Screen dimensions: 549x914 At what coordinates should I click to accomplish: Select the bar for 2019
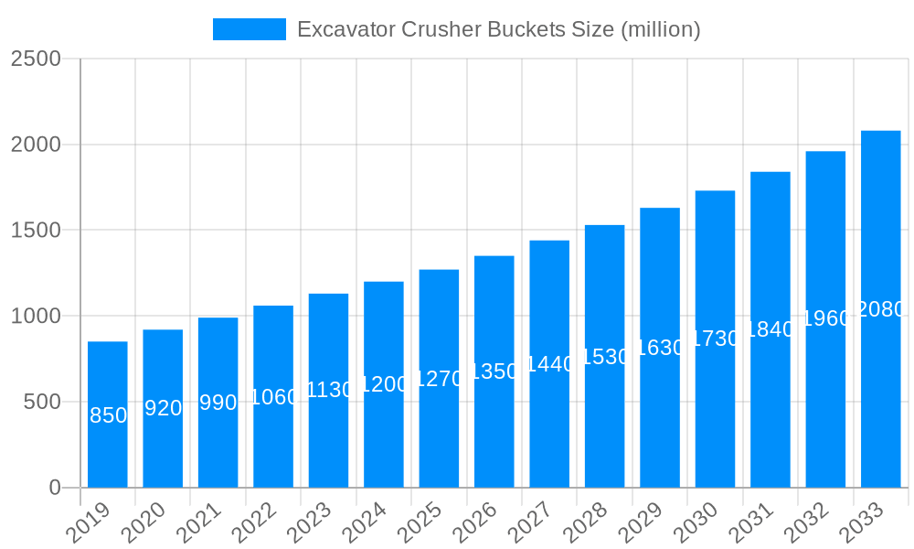[x=108, y=414]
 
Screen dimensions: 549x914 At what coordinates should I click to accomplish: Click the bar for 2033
[x=881, y=308]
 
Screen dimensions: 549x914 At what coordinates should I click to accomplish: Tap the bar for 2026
[x=494, y=371]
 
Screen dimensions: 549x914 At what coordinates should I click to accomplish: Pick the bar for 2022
[x=273, y=395]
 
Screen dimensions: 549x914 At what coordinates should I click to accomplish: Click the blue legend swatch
[x=249, y=29]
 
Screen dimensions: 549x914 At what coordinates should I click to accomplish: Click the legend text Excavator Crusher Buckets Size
[x=499, y=29]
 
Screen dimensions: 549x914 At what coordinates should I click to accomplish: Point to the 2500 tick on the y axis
[x=36, y=59]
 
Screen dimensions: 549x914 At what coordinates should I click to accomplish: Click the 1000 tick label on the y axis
[x=36, y=316]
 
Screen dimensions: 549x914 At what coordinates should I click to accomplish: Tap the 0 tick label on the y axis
[x=54, y=488]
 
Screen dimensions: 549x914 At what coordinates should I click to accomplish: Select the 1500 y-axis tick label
[x=36, y=230]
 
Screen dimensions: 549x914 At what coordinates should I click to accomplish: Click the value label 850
[x=108, y=415]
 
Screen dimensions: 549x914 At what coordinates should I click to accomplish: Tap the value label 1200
[x=384, y=384]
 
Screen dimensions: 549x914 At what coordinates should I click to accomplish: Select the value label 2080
[x=881, y=309]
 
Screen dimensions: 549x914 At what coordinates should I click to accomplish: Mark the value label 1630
[x=660, y=348]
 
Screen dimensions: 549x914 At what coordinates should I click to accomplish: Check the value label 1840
[x=771, y=329]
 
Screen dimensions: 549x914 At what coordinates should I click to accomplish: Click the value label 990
[x=218, y=403]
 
